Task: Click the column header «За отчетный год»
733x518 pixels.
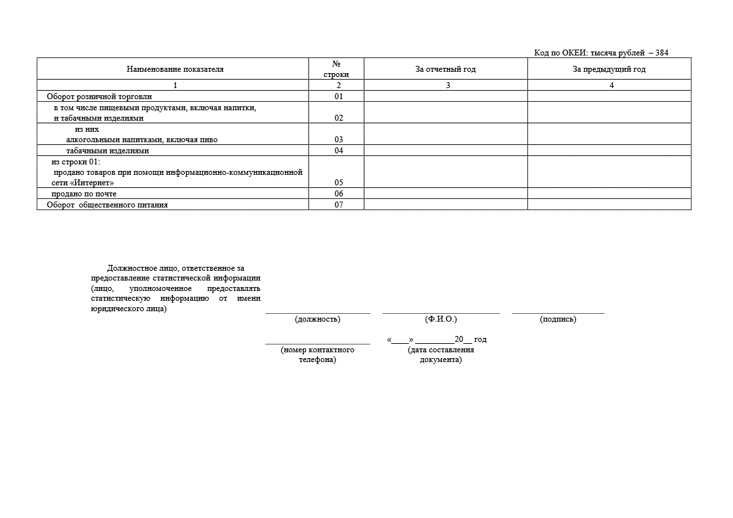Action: [x=445, y=69]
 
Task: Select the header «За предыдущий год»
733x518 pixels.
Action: [x=609, y=69]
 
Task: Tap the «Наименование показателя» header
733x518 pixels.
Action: [x=175, y=69]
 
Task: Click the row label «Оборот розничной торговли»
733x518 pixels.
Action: [x=99, y=97]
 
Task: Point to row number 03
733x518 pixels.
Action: [x=339, y=140]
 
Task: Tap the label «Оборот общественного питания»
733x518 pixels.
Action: [x=107, y=205]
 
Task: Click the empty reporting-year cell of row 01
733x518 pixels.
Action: [x=445, y=97]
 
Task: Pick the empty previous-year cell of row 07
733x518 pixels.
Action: [x=609, y=205]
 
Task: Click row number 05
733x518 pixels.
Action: [x=339, y=183]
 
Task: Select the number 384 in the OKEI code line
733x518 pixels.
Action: [x=661, y=53]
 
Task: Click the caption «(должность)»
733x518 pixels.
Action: [x=318, y=319]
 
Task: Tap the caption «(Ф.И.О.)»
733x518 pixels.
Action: [x=441, y=319]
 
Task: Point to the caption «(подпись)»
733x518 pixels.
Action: [x=558, y=319]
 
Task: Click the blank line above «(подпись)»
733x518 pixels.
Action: [x=558, y=312]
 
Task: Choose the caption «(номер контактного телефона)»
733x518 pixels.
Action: [x=318, y=355]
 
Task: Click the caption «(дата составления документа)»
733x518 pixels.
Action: [x=441, y=355]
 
